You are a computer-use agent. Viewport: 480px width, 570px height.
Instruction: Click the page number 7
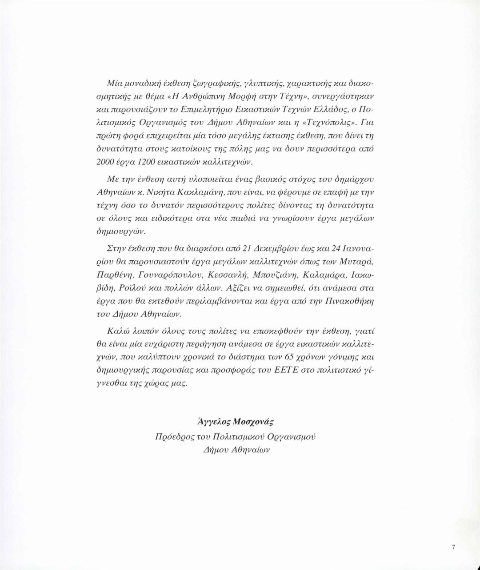pyautogui.click(x=453, y=547)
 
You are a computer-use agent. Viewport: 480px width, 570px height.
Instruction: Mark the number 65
pyautogui.click(x=279, y=357)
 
